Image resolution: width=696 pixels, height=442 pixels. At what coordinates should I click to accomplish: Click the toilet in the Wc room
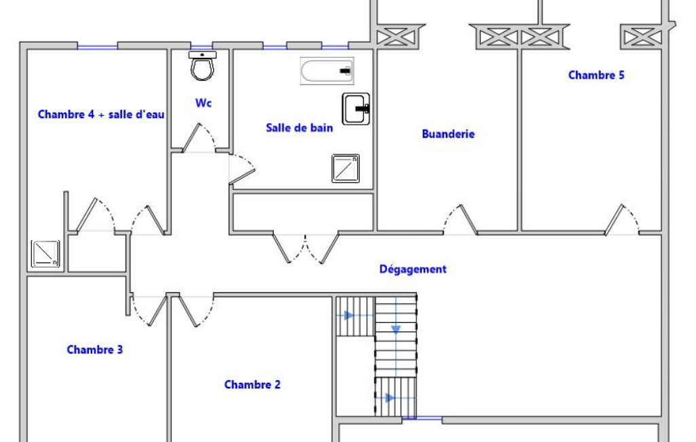point(202,66)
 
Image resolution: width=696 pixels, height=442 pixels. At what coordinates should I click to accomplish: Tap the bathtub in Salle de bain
point(327,71)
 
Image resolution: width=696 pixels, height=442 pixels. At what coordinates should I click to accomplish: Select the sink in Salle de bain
point(356,109)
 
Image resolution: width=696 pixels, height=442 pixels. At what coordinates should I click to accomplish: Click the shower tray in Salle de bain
point(346,169)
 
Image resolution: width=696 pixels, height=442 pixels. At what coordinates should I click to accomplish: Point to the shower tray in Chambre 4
point(45,254)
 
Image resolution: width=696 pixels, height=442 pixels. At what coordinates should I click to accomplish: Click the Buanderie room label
point(448,134)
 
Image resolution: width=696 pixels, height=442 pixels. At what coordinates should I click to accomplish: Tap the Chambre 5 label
point(596,75)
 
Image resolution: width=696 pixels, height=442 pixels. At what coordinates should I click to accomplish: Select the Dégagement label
point(413,269)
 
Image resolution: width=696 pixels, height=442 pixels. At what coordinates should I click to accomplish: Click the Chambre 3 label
point(94,350)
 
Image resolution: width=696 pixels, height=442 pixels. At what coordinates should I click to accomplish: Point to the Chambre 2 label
point(252,385)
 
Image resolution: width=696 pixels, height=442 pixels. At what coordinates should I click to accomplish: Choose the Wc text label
point(203,103)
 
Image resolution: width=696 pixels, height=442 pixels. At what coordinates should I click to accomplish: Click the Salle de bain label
point(299,128)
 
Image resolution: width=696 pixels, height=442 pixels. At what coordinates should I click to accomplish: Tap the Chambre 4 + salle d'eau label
point(101,114)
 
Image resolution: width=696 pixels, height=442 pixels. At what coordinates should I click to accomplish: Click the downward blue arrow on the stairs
point(396,330)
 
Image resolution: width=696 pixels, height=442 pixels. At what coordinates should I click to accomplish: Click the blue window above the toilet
point(202,46)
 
